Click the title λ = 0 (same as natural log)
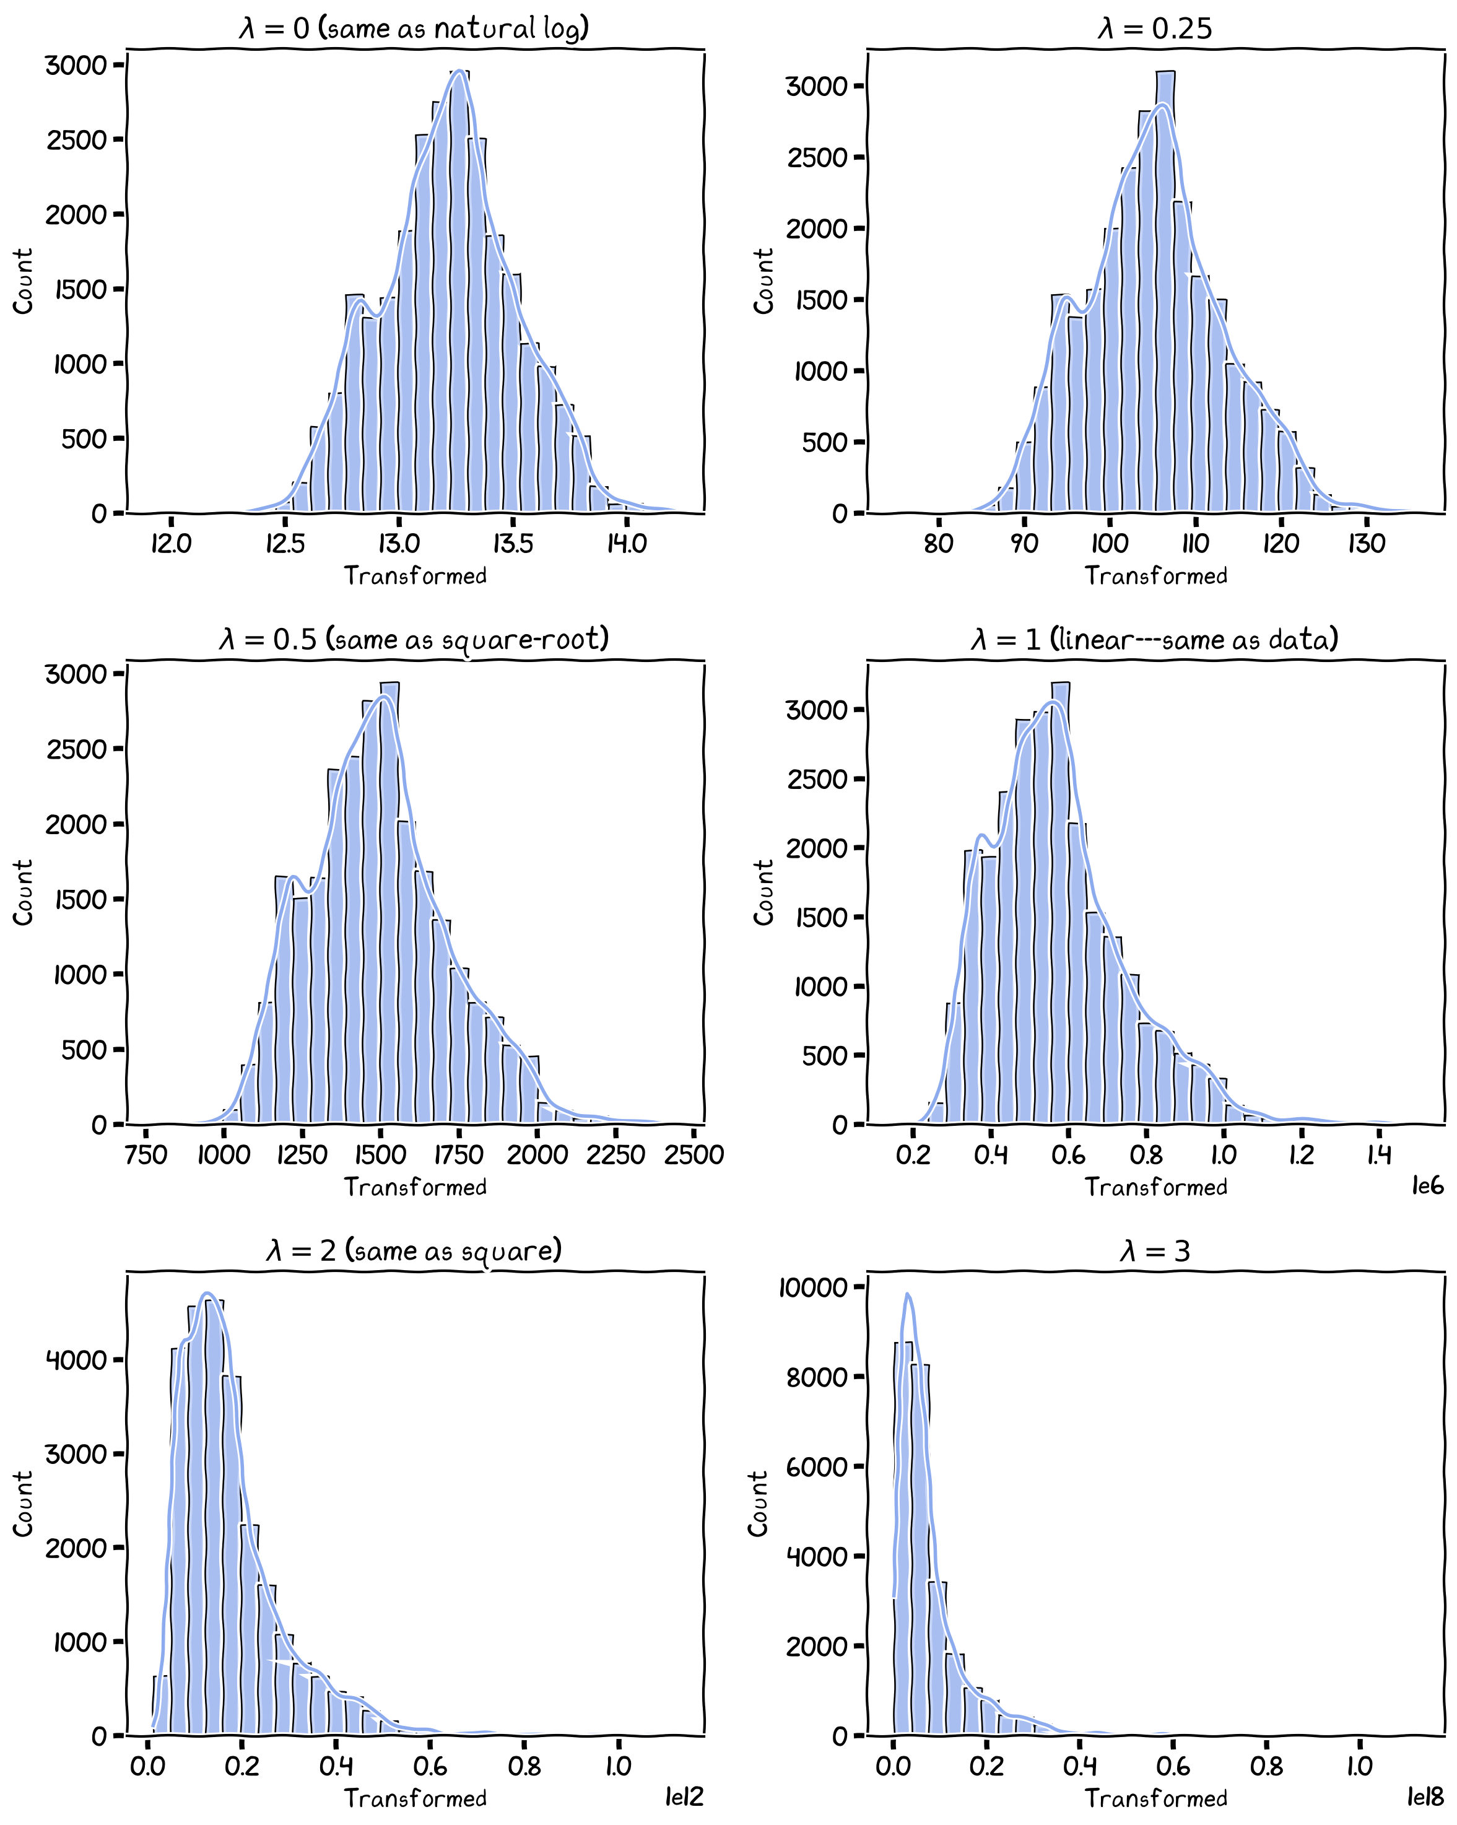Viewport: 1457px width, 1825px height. point(414,28)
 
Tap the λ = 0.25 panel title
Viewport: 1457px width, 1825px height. point(1155,28)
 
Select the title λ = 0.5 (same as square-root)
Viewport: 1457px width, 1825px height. point(414,639)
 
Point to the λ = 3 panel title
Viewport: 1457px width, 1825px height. point(1155,1250)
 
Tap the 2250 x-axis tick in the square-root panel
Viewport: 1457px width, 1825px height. point(615,1154)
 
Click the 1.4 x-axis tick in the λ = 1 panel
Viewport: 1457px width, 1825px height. point(1379,1154)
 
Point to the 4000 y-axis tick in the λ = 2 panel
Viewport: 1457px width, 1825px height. point(76,1361)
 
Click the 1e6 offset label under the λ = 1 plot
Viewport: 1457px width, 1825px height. point(1427,1186)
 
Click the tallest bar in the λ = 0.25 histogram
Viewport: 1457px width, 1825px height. point(1165,296)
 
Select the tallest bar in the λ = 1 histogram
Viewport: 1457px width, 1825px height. point(1060,906)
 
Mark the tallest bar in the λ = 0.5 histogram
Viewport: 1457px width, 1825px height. point(389,906)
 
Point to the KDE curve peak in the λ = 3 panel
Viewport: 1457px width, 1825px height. point(908,1294)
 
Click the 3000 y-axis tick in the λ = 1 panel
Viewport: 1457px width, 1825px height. point(816,710)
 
